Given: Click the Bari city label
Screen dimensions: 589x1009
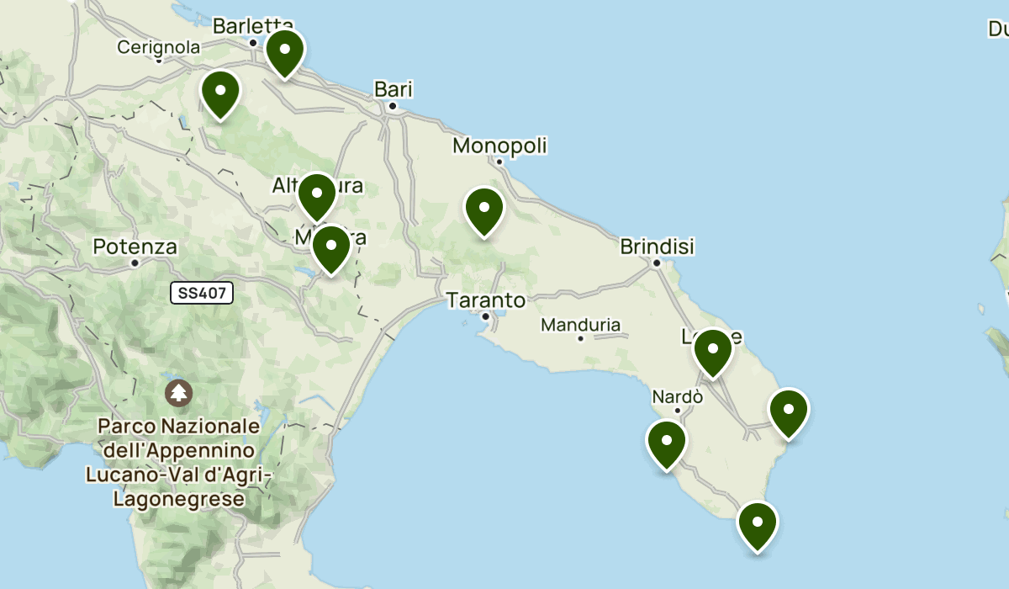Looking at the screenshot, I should (x=394, y=89).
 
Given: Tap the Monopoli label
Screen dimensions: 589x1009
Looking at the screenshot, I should (x=499, y=146).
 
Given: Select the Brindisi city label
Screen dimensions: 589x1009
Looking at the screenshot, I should (x=657, y=247).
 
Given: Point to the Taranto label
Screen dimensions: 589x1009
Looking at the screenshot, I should (x=486, y=300).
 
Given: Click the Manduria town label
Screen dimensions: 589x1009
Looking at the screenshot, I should (x=580, y=325).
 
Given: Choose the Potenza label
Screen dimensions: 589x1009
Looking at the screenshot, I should (x=135, y=247).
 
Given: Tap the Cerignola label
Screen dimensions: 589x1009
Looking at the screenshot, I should (x=159, y=47).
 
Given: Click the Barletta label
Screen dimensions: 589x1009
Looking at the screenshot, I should (x=252, y=26).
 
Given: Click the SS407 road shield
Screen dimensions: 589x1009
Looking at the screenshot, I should (x=201, y=293).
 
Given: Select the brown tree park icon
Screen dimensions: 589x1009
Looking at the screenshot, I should (x=178, y=392).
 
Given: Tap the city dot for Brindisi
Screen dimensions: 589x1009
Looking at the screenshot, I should (x=657, y=263).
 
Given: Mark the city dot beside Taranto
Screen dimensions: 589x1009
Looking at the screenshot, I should (x=485, y=316).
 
